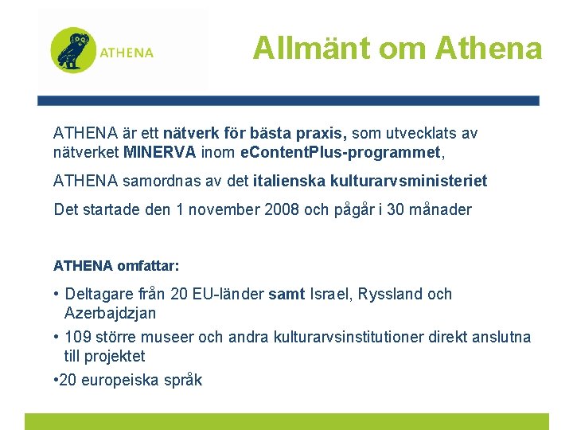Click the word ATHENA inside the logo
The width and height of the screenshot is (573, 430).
127,53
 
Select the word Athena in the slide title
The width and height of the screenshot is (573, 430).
489,49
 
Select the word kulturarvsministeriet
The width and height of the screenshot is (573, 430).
411,181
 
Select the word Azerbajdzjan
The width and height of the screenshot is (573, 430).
110,313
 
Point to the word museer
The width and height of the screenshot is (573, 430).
168,337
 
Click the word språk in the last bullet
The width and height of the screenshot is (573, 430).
183,380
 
